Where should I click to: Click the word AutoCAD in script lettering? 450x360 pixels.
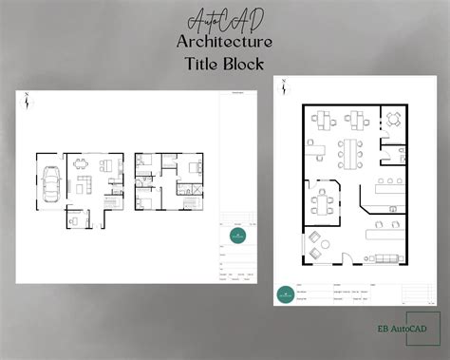224,20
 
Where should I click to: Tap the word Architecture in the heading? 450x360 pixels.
224,42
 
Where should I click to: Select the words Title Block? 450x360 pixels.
224,65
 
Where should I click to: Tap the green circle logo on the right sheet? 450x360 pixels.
285,294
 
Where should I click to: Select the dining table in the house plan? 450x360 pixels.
79,163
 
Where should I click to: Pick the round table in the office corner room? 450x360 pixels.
392,119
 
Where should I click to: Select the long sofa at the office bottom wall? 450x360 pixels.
386,258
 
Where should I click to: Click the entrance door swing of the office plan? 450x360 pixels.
347,257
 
